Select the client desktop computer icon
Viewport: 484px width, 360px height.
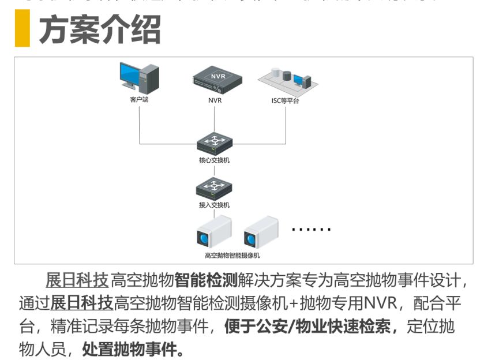tap(139, 79)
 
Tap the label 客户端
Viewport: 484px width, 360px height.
tap(139, 100)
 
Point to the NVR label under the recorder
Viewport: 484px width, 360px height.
tap(215, 100)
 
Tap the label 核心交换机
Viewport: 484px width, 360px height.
tap(214, 160)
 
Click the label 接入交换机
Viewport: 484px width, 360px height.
tap(214, 205)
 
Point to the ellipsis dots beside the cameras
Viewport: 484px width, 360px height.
tap(311, 230)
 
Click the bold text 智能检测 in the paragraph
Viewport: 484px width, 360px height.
tap(206, 281)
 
